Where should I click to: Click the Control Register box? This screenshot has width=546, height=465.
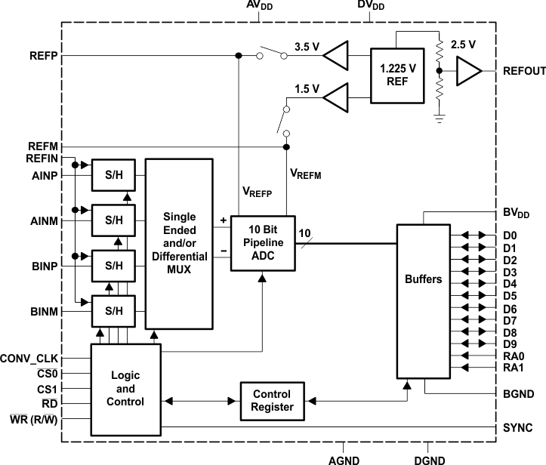point(271,402)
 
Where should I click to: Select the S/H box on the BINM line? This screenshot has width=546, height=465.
point(113,309)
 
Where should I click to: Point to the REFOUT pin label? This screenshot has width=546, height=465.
point(523,71)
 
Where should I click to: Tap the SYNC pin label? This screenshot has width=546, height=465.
point(517,427)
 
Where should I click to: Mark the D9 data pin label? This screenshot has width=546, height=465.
point(510,343)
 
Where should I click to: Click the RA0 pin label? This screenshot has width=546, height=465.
point(512,356)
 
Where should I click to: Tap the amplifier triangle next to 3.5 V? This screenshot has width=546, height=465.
point(338,55)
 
